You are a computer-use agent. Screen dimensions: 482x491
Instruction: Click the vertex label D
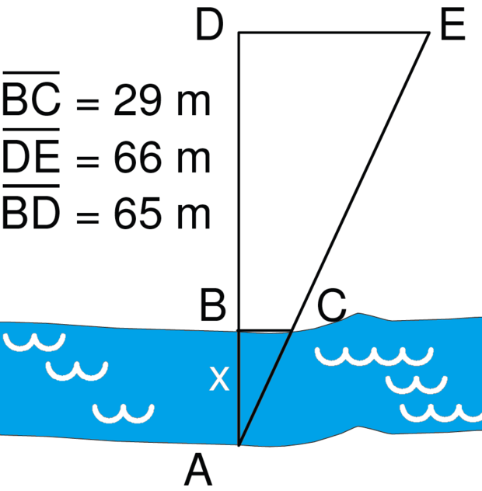(209, 24)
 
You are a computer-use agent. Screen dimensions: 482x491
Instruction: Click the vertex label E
(452, 24)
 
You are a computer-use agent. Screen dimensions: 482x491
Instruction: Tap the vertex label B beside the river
(213, 305)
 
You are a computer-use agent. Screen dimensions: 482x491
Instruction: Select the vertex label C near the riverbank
(332, 305)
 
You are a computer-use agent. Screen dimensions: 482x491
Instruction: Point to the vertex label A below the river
(198, 470)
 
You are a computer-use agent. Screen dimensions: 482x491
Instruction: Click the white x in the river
(219, 378)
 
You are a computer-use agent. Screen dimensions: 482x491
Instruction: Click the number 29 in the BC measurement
(138, 100)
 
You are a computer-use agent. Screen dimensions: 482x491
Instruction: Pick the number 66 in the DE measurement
(138, 157)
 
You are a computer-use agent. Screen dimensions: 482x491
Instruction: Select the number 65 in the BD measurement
(138, 213)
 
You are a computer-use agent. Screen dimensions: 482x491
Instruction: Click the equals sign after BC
(88, 104)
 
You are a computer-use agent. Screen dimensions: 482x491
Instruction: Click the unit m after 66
(194, 161)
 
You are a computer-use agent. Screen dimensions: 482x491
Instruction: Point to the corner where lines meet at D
(239, 33)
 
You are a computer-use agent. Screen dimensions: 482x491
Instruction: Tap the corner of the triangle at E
(429, 33)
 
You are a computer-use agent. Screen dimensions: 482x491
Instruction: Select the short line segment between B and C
(265, 330)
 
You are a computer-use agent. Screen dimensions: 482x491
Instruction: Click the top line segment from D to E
(334, 33)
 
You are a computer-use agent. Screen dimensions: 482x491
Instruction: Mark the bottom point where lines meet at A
(239, 444)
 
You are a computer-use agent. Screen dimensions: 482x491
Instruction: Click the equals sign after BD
(88, 217)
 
